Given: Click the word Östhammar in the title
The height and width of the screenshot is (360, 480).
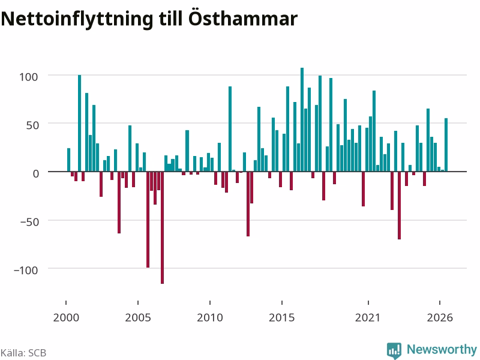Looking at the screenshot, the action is tap(243, 19).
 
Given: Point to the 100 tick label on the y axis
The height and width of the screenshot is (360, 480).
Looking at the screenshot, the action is tap(28, 77).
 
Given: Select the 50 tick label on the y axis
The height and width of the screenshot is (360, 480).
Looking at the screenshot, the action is tap(32, 125).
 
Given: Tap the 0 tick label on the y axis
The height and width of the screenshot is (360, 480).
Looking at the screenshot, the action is tap(36, 173).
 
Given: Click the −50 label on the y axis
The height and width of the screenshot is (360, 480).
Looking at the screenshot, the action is tap(29, 222).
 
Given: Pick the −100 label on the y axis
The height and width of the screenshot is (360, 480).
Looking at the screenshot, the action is tap(26, 271).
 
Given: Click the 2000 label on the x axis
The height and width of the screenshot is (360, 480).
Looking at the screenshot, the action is tap(66, 317).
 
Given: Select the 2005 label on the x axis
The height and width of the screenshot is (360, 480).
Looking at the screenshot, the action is tap(138, 317).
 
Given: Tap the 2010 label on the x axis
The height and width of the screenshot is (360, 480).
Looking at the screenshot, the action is tap(210, 317).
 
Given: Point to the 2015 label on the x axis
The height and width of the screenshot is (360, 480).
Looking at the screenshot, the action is tap(281, 317).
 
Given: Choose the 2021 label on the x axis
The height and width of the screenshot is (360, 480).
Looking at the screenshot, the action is tap(368, 317).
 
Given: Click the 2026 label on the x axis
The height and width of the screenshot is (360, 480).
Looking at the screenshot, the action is tap(440, 317).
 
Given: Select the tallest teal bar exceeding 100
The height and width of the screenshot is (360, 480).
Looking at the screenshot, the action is tap(302, 119).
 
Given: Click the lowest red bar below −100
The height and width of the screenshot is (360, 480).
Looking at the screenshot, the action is tap(162, 228).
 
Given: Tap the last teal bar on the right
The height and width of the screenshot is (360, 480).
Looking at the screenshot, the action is tap(446, 145).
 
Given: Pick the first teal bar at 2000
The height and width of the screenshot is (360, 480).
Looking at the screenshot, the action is tap(68, 160).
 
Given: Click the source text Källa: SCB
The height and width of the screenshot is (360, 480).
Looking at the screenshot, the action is tap(23, 353).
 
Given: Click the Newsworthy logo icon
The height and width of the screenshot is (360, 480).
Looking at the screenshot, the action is tap(394, 350).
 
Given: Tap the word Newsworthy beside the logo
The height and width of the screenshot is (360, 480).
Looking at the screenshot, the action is tap(442, 349).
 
